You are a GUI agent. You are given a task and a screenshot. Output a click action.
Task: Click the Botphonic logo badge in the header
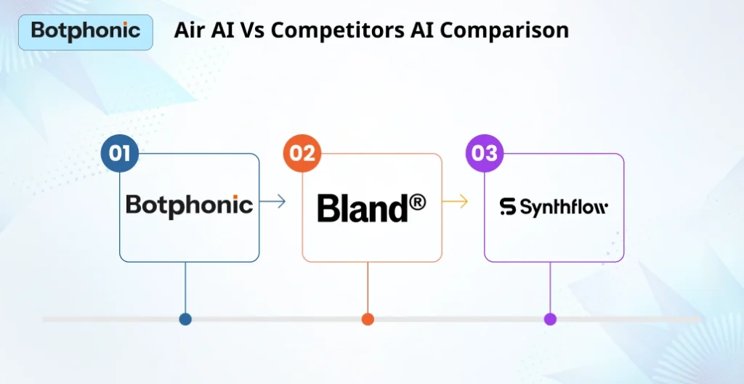[x=85, y=31]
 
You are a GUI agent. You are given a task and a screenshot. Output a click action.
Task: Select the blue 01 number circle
[x=119, y=153]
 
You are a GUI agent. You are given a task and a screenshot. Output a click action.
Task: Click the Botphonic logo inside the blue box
[x=189, y=205]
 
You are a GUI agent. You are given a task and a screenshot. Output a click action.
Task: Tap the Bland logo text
[x=363, y=208]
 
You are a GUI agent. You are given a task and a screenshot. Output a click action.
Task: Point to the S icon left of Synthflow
[x=508, y=208]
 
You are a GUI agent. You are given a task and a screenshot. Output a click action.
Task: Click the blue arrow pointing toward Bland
[x=272, y=203]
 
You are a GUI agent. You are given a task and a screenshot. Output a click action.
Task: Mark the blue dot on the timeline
[x=185, y=319]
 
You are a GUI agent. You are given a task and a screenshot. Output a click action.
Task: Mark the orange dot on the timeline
[x=368, y=319]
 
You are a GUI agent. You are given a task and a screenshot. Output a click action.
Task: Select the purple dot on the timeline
[x=550, y=319]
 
